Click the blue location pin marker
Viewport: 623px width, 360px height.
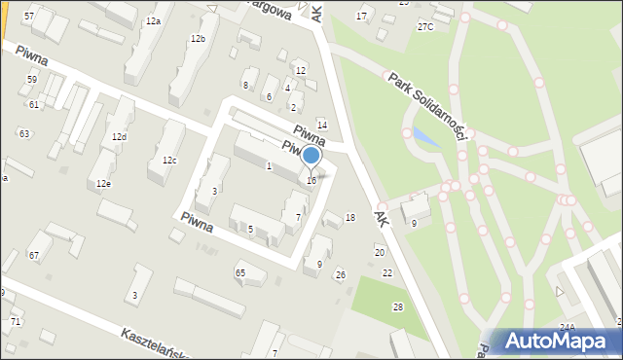point(311,156)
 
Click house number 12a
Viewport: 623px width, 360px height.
point(153,20)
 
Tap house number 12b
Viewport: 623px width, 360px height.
point(199,38)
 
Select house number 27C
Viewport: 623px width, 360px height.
point(425,26)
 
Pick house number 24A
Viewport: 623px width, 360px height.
point(568,327)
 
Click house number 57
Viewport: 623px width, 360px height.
point(29,18)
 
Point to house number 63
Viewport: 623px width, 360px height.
point(24,133)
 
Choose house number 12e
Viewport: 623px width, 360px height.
point(103,183)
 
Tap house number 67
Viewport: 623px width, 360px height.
point(34,255)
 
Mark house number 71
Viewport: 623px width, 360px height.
point(15,321)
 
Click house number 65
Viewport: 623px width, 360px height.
point(240,272)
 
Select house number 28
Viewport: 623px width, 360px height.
point(397,306)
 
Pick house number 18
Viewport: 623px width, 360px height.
point(350,217)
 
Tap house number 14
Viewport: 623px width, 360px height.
point(321,125)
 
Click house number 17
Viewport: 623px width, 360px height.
point(362,17)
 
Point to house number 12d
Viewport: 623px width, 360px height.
point(119,137)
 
